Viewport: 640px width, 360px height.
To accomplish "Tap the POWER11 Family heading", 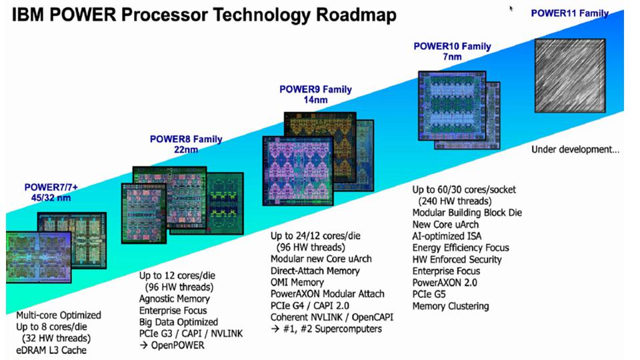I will [569, 13].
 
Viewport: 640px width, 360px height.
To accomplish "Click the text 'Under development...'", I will [575, 149].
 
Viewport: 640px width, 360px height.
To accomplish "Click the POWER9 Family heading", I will [315, 89].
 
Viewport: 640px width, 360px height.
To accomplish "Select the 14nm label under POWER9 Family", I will [315, 100].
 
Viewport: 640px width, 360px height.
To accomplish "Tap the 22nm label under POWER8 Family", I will [186, 150].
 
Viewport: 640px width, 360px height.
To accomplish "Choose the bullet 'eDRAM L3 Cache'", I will [53, 350].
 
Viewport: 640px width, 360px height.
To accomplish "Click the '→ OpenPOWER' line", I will [172, 345].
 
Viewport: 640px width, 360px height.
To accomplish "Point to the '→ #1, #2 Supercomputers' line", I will [325, 329].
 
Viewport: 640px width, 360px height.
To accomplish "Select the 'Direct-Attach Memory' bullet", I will [315, 271].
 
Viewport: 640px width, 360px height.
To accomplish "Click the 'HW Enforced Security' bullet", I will [457, 259].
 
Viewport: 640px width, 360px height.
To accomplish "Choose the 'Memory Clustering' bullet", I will [451, 306].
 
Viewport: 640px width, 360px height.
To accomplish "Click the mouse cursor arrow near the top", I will [512, 9].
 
